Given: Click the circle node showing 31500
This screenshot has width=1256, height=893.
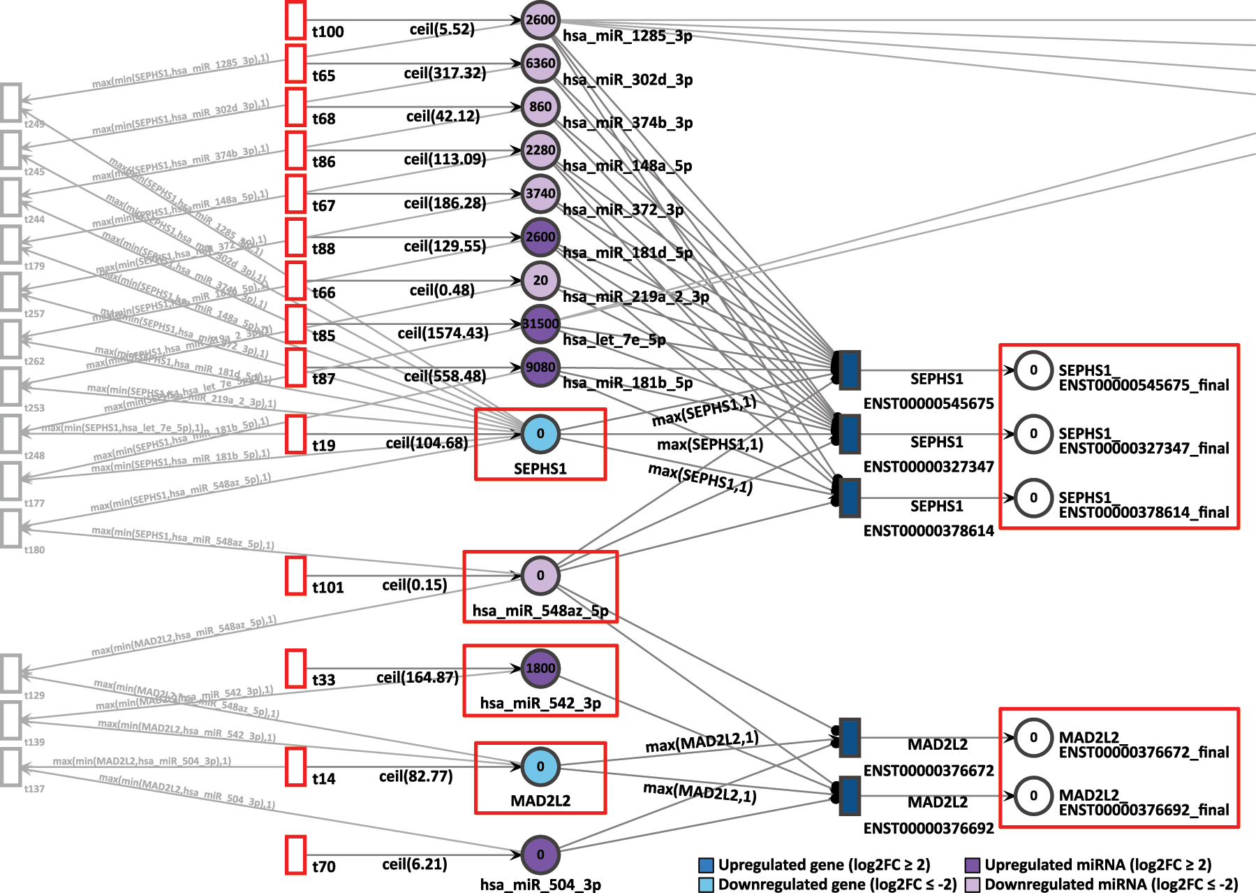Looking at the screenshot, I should (540, 324).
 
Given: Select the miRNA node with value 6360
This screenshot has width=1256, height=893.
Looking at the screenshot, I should (540, 64).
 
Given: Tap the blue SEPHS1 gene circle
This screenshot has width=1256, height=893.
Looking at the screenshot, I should (540, 434).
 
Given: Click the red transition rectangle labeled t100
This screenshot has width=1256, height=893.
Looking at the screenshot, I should (296, 20).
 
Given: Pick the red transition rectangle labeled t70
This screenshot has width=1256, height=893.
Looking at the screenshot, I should (296, 855).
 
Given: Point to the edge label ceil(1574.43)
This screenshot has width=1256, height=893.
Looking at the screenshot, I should (443, 333).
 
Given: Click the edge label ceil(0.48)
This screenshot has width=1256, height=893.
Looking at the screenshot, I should (442, 290).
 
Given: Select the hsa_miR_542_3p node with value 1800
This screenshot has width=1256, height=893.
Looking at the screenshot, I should (540, 668).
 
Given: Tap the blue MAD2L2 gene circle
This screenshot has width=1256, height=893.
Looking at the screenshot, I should (540, 767).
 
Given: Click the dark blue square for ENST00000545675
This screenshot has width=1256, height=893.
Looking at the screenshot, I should (850, 370).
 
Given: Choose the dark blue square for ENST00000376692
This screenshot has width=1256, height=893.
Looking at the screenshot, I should (850, 795).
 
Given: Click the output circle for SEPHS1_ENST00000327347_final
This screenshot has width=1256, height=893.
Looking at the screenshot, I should (1033, 434).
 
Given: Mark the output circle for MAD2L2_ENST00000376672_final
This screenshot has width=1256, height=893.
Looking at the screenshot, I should (1033, 738).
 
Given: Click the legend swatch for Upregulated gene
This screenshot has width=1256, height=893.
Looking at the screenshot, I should (706, 865).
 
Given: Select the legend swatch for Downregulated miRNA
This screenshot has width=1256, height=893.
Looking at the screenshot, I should (972, 885).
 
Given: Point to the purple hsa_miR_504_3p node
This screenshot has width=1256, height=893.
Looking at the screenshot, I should (540, 855).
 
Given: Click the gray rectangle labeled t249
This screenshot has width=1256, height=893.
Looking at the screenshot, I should (11, 102).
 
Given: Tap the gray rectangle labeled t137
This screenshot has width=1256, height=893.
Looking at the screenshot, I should (11, 767).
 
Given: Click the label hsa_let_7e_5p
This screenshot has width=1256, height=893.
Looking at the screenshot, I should (614, 340).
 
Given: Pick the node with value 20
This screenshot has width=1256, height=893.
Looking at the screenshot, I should (540, 281).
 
